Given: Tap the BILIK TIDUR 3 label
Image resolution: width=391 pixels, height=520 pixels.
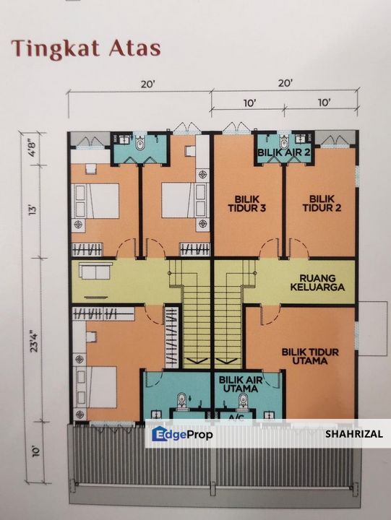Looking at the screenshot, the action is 246,204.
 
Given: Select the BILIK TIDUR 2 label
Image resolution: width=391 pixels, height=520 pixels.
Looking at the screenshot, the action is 322,203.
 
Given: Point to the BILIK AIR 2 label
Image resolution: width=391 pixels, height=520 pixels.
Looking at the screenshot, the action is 284,153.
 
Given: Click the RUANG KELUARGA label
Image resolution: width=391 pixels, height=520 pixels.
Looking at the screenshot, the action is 317,282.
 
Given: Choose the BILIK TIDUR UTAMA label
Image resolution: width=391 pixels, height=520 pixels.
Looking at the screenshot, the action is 310,356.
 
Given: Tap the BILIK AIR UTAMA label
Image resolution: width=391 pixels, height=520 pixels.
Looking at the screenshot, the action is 241,384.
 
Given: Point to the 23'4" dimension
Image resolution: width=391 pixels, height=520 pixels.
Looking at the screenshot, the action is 34,341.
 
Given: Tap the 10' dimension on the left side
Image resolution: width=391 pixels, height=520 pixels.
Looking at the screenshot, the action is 36,451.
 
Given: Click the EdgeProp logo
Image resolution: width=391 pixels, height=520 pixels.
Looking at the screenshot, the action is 183,434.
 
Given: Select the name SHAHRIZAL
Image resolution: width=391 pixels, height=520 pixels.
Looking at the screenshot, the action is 354,434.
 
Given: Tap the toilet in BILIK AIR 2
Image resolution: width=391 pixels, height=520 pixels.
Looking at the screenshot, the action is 284,142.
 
